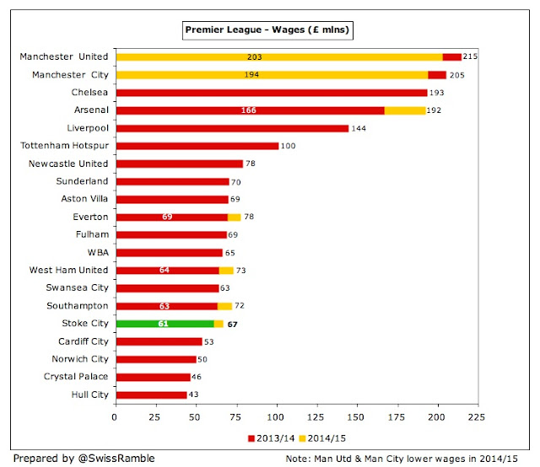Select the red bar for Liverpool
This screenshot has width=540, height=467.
pos(232,128)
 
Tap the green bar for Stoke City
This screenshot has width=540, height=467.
pos(165,324)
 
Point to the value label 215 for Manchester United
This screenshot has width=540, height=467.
pos(473,56)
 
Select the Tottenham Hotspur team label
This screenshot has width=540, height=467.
pos(64,146)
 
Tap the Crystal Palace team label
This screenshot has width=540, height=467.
pos(76,377)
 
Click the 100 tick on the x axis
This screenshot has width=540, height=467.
pos(276,416)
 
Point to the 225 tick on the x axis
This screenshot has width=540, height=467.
pos(478,416)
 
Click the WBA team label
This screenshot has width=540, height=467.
pos(96,252)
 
